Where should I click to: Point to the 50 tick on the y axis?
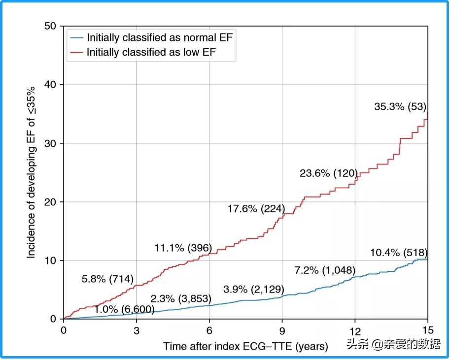[x=50, y=26]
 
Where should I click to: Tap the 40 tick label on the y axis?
[x=50, y=85]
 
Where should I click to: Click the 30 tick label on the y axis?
[x=50, y=143]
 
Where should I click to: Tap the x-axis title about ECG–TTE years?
[x=245, y=346]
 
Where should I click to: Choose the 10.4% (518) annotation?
[x=398, y=253]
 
